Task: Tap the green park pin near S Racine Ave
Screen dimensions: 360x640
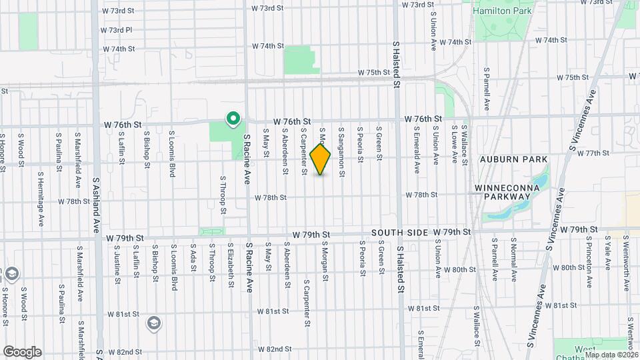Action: [x=233, y=119]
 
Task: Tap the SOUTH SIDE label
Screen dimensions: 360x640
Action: [x=399, y=231]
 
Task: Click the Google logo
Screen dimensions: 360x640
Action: [x=22, y=351]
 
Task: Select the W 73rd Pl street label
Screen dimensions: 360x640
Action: [x=116, y=30]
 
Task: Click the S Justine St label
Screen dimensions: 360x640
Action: [x=117, y=261]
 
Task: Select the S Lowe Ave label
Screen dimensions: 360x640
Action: [x=454, y=141]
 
